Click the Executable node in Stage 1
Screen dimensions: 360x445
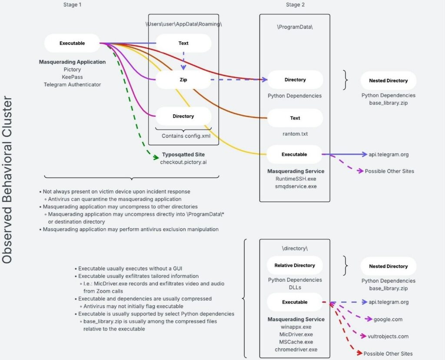pyautogui.click(x=72, y=43)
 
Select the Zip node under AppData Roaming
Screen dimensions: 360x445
pyautogui.click(x=183, y=80)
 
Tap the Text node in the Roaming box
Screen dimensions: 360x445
pyautogui.click(x=183, y=43)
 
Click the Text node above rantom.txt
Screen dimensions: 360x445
pyautogui.click(x=295, y=118)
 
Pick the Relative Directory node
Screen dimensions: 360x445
pyautogui.click(x=295, y=265)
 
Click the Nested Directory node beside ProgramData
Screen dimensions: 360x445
pyautogui.click(x=388, y=80)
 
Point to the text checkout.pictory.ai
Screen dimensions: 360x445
pyautogui.click(x=183, y=162)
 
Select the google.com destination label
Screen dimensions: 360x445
pyautogui.click(x=388, y=319)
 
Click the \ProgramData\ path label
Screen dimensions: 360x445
pyautogui.click(x=295, y=27)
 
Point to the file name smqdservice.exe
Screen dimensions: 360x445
pyautogui.click(x=295, y=186)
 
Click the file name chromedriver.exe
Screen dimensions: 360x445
pyautogui.click(x=296, y=349)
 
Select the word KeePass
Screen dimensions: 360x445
pyautogui.click(x=72, y=77)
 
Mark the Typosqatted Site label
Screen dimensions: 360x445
pyautogui.click(x=183, y=155)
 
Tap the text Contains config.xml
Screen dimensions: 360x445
pyautogui.click(x=183, y=136)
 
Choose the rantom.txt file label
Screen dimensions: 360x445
pyautogui.click(x=295, y=134)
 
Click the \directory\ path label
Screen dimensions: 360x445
pyautogui.click(x=295, y=248)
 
